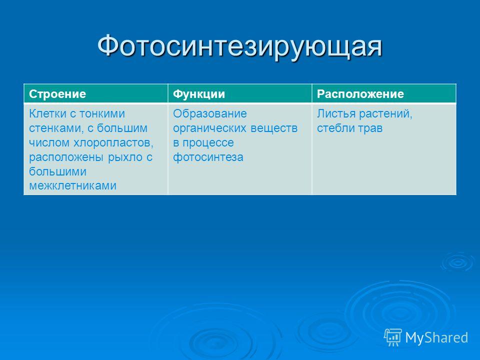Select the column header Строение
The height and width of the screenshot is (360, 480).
coord(57,94)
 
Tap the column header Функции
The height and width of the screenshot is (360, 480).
coord(199,94)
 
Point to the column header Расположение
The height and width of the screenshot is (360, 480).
coord(360,94)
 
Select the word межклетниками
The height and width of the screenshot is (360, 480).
coord(72,185)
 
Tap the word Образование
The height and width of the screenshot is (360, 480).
coord(210,114)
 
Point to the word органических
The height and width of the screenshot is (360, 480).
coord(209,128)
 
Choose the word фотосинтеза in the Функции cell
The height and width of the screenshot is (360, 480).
coord(208,157)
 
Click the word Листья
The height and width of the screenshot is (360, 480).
coord(336,114)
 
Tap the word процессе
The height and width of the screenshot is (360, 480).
coord(208,143)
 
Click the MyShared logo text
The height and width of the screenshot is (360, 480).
coord(436,337)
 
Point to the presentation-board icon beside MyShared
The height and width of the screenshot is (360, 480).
coord(393,337)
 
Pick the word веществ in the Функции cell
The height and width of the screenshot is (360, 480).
coord(274,128)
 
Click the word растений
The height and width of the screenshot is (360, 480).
coord(385,114)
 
